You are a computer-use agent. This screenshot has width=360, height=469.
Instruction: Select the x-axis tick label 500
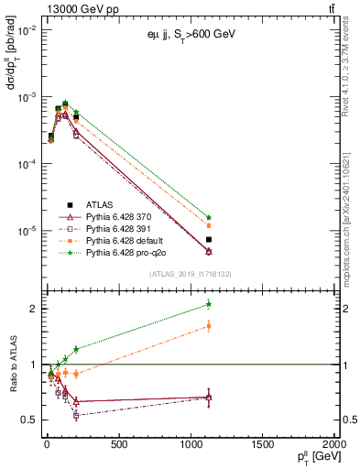pos(117,444)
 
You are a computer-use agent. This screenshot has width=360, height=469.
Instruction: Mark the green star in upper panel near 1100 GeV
pos(209,217)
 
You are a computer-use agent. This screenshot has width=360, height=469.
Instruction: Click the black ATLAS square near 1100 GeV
pos(209,239)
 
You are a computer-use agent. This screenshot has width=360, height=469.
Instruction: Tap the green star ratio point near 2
pos(209,303)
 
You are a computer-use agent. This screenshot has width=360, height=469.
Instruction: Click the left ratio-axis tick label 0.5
pos(27,420)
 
